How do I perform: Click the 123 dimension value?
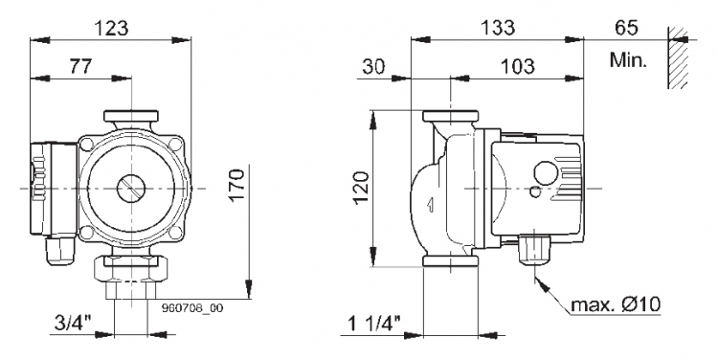111,29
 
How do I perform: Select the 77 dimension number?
80,67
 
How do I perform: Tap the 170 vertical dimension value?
236,184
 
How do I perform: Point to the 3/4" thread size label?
74,324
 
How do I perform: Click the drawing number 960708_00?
192,308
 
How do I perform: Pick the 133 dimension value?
497,28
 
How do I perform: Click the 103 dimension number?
517,67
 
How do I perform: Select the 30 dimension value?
374,67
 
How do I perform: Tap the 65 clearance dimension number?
626,28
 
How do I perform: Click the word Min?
628,60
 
